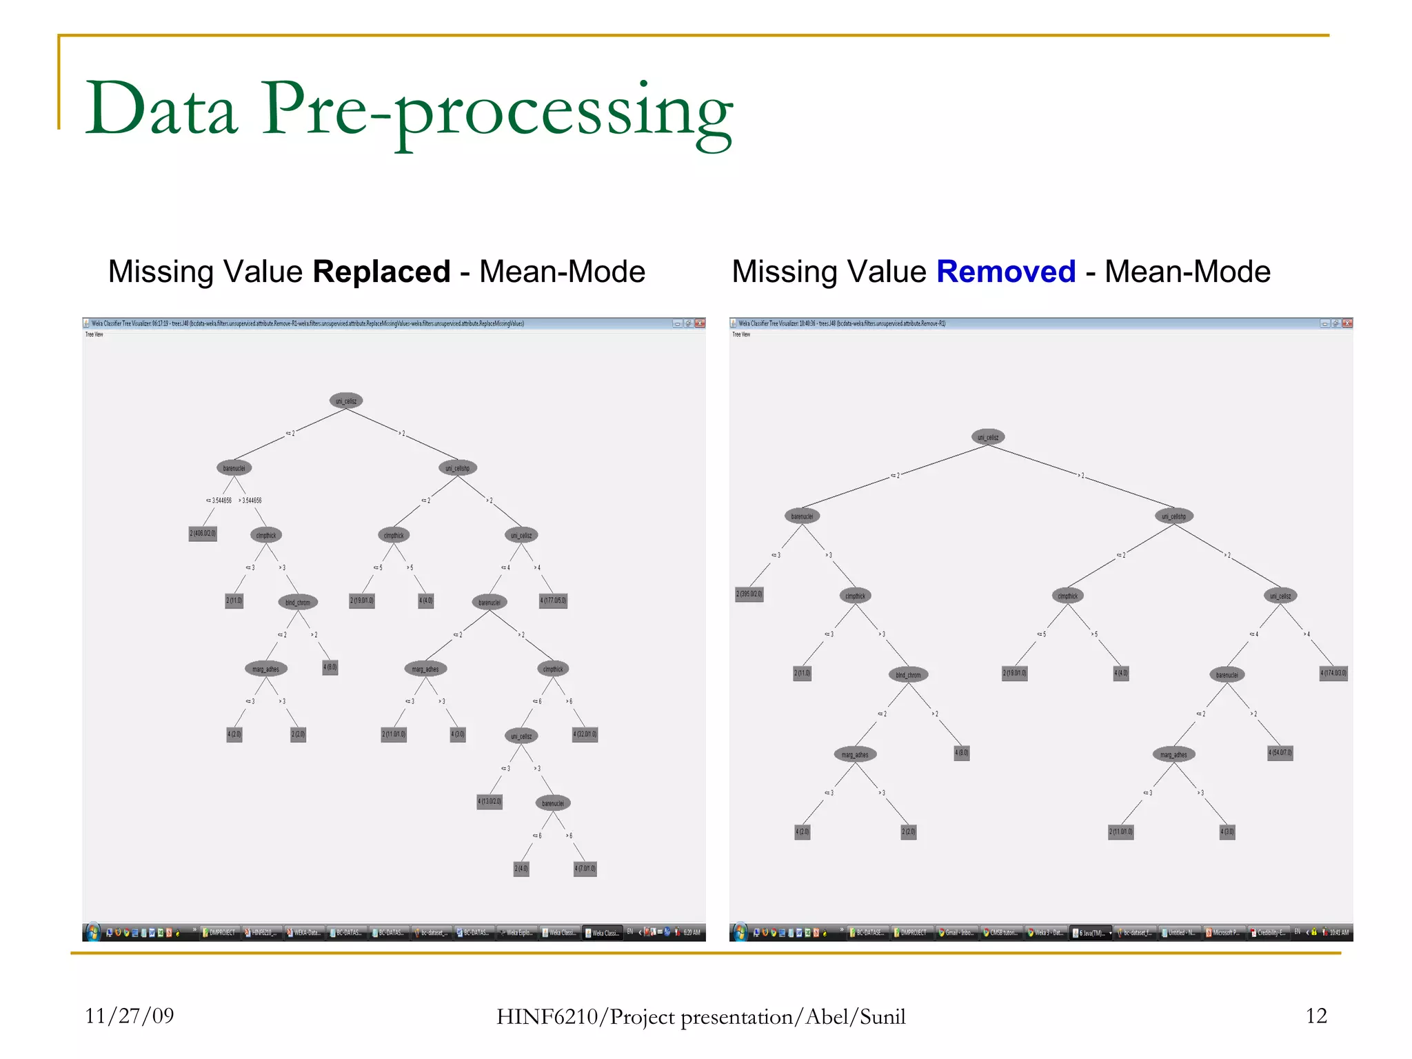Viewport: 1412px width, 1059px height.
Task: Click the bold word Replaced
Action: pos(381,272)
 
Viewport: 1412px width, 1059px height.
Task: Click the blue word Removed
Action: pos(1006,272)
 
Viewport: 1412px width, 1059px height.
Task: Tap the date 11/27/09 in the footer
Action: pos(130,1016)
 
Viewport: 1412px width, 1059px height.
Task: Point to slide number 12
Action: pos(1315,1016)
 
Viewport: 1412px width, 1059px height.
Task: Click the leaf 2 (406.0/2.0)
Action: pos(203,534)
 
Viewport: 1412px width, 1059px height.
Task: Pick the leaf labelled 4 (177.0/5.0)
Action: pos(553,601)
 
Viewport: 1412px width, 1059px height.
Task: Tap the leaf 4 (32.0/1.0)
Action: pos(585,734)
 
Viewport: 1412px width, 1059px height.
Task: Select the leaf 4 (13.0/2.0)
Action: pos(490,801)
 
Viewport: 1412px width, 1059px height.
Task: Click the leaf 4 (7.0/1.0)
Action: pos(585,868)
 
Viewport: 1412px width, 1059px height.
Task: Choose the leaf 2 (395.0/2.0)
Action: pos(749,594)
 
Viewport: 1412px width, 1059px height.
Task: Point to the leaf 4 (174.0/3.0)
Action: pos(1333,673)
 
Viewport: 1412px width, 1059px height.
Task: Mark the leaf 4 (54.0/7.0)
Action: pos(1280,752)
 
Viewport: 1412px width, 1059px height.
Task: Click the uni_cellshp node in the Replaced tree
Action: pos(458,468)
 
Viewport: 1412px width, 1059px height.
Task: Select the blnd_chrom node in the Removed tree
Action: pos(908,675)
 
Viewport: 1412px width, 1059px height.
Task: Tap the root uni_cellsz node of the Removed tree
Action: pos(988,437)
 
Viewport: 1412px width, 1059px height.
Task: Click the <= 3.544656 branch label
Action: pos(219,501)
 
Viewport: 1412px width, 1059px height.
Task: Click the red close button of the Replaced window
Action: pos(700,323)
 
